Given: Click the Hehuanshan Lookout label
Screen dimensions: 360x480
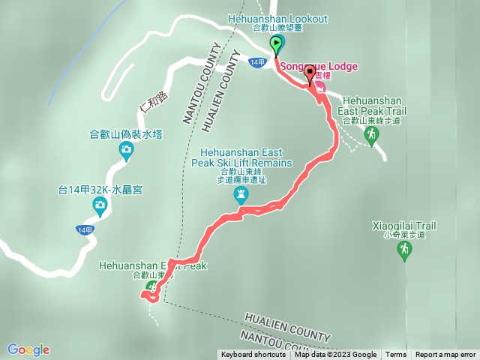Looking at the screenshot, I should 277,19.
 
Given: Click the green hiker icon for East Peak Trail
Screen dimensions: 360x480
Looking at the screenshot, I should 371,133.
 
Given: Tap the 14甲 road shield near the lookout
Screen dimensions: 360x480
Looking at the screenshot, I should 257,62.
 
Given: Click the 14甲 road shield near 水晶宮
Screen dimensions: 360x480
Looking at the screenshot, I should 85,229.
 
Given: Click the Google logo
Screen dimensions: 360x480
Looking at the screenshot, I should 28,349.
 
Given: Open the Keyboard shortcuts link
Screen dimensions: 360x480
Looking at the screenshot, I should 253,355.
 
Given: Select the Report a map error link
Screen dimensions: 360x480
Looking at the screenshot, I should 445,355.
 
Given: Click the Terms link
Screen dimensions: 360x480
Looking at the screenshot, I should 395,355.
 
